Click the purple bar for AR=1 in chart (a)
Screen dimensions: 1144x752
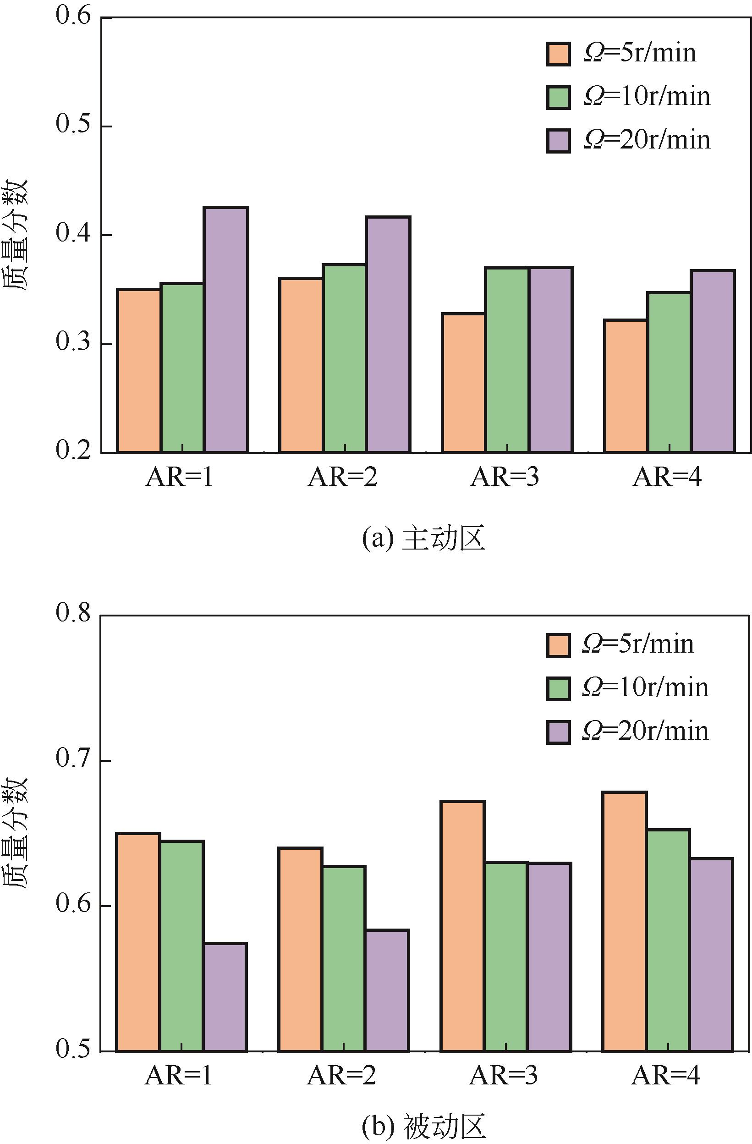point(226,330)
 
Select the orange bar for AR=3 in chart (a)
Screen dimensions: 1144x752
point(463,383)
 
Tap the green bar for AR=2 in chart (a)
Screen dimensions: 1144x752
point(344,358)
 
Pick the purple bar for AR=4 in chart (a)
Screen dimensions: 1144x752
point(713,361)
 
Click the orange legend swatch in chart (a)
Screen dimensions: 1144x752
point(558,53)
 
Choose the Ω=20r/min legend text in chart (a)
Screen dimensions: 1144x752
point(647,140)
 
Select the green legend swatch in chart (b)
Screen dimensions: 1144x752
point(558,688)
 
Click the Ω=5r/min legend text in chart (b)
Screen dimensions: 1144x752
point(638,643)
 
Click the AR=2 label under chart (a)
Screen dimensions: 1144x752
point(343,477)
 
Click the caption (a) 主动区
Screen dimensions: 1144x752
point(423,539)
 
